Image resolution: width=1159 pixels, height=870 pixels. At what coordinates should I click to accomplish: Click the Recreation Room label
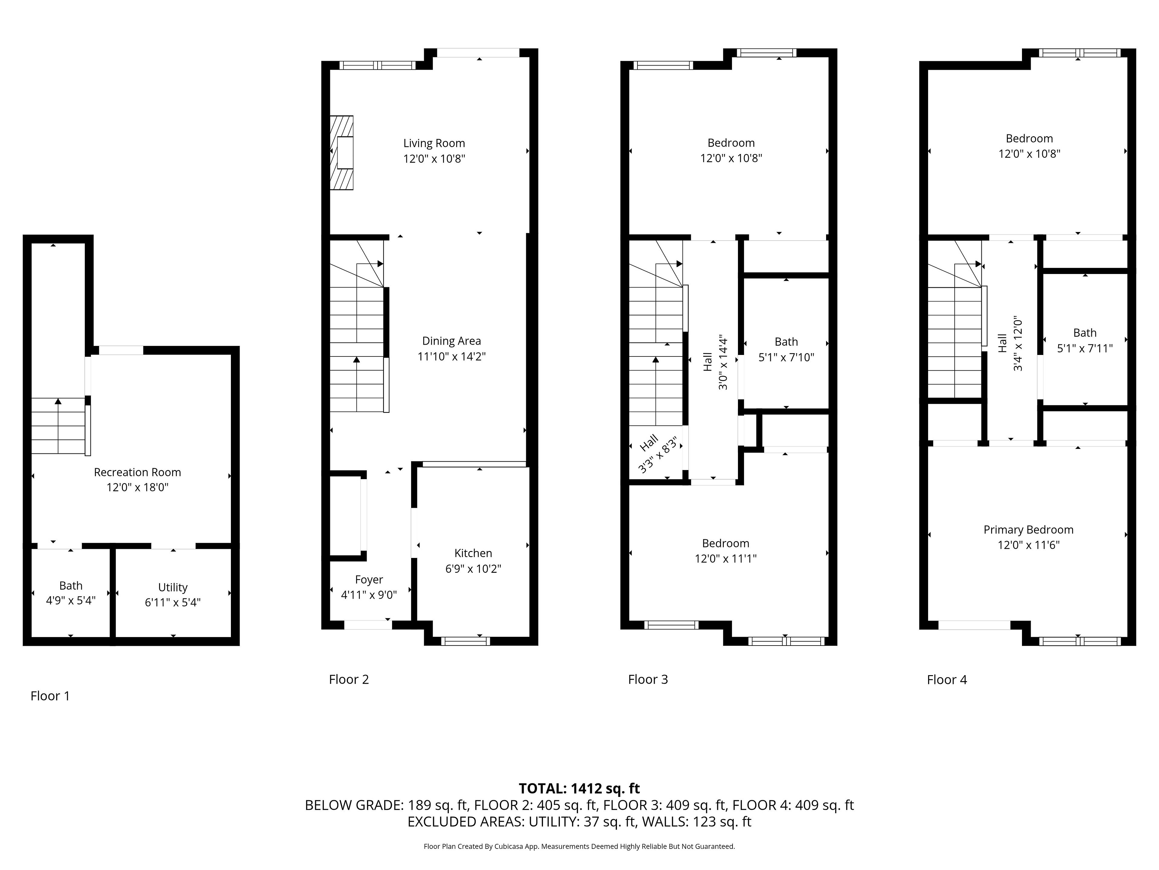[x=137, y=472]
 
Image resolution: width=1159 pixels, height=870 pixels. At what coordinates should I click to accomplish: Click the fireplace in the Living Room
[x=342, y=153]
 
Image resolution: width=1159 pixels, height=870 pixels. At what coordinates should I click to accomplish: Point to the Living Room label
[x=434, y=143]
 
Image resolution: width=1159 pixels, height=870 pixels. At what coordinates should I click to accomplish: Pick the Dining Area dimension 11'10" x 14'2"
[x=452, y=356]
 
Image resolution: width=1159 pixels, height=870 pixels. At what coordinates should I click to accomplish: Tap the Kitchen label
[x=473, y=553]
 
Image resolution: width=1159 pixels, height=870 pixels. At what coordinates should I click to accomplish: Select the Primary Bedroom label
[x=1029, y=530]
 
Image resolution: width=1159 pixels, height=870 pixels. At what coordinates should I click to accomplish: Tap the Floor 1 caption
[x=50, y=696]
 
